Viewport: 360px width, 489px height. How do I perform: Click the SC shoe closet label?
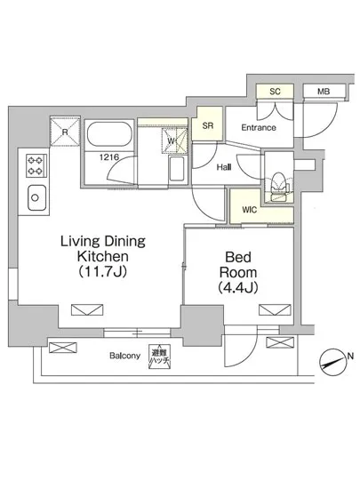point(275,92)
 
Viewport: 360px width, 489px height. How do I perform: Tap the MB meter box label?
point(324,92)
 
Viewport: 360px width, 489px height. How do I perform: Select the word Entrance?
point(259,127)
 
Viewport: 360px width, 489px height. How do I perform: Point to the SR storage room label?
point(208,125)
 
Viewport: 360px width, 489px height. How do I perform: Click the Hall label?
point(224,167)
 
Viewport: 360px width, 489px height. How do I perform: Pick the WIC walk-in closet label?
point(250,210)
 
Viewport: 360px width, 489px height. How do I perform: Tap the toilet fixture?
point(279,186)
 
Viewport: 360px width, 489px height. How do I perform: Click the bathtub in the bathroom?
point(109,134)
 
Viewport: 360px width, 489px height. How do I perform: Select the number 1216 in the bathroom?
point(109,157)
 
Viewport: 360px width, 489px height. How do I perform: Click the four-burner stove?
point(36,166)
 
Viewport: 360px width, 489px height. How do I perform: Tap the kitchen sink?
point(36,197)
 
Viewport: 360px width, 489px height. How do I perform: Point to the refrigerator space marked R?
point(65,132)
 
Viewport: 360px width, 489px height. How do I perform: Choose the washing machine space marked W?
point(172,141)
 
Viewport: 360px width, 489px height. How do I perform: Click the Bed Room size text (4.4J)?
point(238,287)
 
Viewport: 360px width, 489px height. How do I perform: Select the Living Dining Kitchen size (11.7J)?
point(102,272)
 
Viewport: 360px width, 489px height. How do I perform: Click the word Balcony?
point(124,356)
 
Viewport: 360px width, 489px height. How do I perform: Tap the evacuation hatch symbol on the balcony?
point(160,357)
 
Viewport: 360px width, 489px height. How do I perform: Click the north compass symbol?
point(332,363)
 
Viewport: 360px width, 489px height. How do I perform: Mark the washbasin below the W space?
point(176,169)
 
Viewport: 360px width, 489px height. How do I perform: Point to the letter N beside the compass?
point(350,356)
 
